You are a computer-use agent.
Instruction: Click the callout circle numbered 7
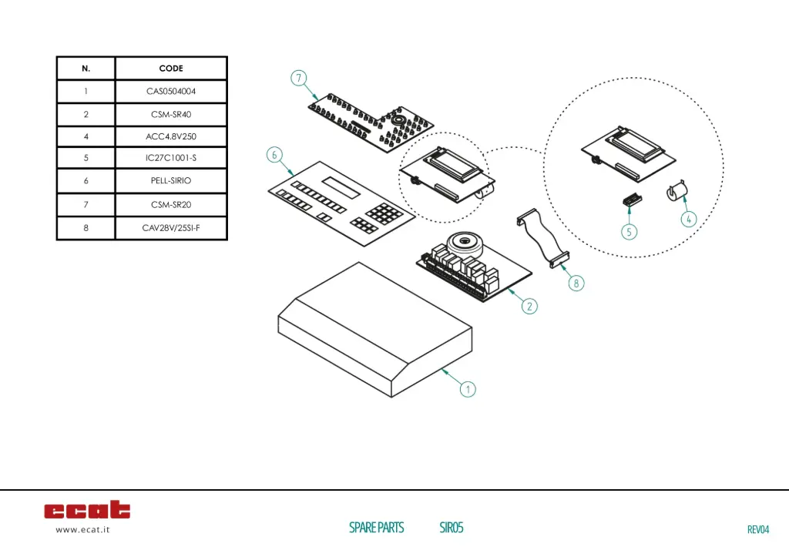point(299,79)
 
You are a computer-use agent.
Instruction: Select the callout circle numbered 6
point(274,155)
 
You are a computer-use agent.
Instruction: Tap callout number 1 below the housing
point(468,389)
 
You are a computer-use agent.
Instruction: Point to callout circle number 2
point(529,306)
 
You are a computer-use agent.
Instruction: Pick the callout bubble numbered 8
point(576,283)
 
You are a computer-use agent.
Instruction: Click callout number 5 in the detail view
point(630,230)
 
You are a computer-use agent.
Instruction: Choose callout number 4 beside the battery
point(689,219)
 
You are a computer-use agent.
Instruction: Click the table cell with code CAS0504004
point(171,91)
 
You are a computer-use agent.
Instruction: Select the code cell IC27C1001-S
point(171,158)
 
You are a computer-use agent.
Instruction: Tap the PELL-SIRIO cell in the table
point(171,180)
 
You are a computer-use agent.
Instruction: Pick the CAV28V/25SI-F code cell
point(171,228)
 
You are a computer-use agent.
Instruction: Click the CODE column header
point(171,68)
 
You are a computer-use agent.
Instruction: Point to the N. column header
point(86,68)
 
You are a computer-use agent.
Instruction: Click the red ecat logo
point(87,510)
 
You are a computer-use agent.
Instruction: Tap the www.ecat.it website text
point(82,529)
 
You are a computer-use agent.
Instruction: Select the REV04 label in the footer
point(758,529)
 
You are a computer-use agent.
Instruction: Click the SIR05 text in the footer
point(452,528)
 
